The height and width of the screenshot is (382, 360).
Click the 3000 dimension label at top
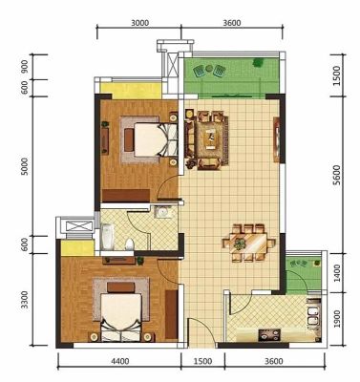[x=139, y=23]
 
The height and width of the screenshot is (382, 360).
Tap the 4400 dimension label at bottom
[x=120, y=361]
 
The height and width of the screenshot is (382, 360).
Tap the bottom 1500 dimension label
[x=202, y=361]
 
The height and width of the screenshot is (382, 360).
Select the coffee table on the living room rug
[x=210, y=138]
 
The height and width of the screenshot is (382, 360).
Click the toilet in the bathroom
[x=130, y=244]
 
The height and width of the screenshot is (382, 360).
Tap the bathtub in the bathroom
[x=107, y=237]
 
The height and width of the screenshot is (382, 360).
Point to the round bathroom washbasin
[x=163, y=212]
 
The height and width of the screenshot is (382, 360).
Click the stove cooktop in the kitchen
[x=269, y=335]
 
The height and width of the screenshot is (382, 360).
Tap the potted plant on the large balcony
[x=258, y=63]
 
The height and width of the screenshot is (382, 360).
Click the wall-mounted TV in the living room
[x=276, y=139]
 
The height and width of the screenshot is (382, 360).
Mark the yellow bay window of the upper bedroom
[x=131, y=92]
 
